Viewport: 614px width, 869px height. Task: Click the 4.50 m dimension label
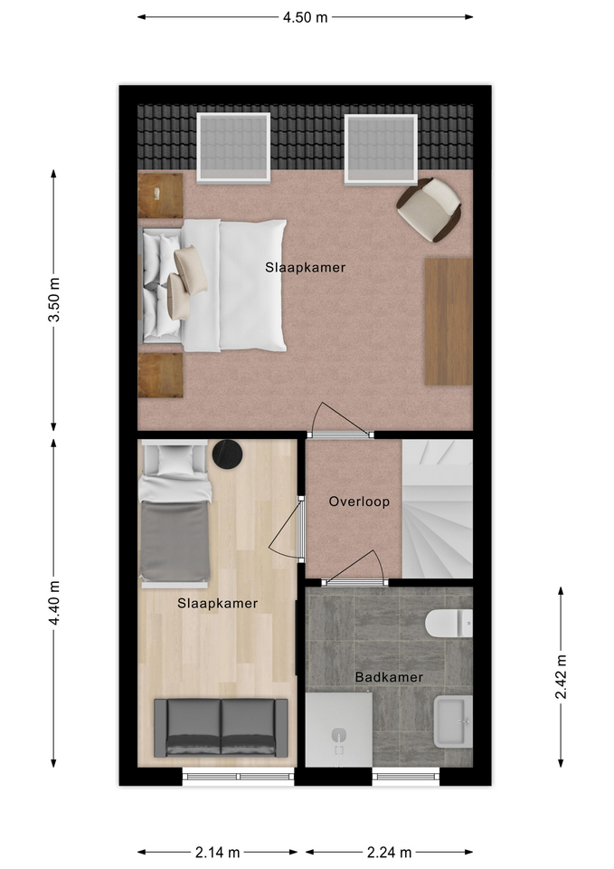305,17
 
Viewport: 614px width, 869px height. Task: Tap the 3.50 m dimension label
54,300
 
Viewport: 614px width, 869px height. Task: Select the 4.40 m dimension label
54,603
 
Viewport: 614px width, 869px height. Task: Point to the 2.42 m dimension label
562,677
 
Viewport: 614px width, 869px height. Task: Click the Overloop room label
359,501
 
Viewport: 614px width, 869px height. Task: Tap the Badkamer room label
389,677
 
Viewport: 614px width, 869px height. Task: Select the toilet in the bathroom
449,623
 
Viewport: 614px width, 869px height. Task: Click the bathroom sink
453,721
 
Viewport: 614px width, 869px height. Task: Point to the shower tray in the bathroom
339,730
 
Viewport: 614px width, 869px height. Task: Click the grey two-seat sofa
221,727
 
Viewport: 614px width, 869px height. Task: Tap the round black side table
228,454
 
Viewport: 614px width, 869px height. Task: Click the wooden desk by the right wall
449,321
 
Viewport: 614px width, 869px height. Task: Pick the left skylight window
233,148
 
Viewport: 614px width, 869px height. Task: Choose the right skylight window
381,148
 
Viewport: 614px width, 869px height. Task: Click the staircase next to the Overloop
438,509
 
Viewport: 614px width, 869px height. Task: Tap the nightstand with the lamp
160,196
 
